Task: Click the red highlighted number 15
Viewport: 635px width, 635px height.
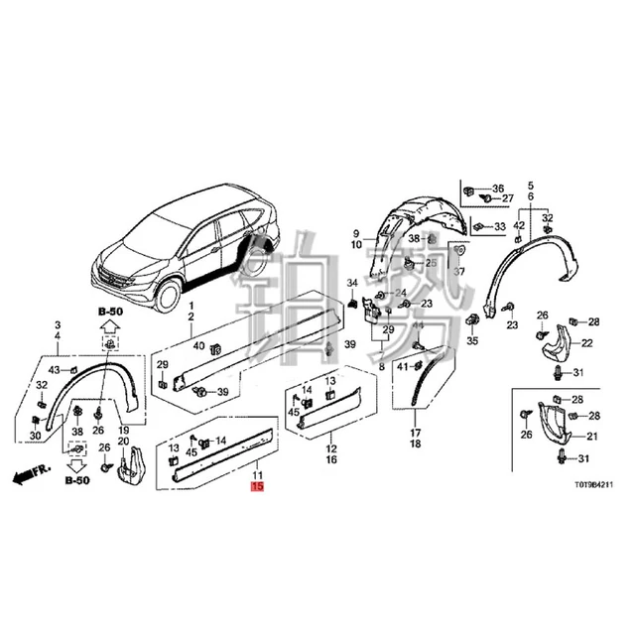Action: (257, 488)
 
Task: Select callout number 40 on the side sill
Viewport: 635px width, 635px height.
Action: (198, 345)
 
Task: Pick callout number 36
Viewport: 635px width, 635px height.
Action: (497, 188)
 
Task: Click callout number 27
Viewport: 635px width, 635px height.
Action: (508, 199)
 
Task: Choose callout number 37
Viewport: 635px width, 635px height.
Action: (458, 272)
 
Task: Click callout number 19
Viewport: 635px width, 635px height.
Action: (124, 430)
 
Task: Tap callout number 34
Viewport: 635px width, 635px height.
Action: (351, 286)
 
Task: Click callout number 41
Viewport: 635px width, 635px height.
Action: (403, 368)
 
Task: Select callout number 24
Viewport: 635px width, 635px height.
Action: (400, 293)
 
